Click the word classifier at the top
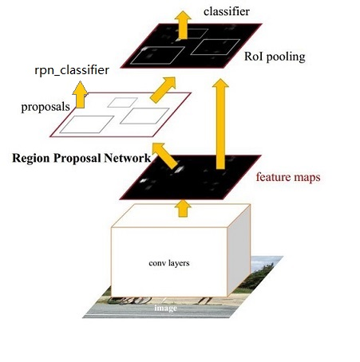tap(227, 11)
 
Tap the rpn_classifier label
tap(72, 70)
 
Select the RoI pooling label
tap(275, 57)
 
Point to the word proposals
tap(45, 107)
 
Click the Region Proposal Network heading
tap(81, 158)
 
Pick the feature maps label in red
tap(288, 177)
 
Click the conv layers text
tap(169, 263)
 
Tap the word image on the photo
tap(165, 308)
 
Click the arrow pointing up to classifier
tap(183, 26)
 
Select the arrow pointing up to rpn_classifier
tap(80, 95)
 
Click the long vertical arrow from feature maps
tap(220, 124)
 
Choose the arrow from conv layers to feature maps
tap(183, 208)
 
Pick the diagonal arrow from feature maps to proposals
tap(165, 155)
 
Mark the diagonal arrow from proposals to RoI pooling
tap(163, 89)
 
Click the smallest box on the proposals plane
tap(122, 103)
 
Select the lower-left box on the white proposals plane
tap(87, 124)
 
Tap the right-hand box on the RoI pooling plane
tap(216, 47)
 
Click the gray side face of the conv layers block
tap(239, 250)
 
